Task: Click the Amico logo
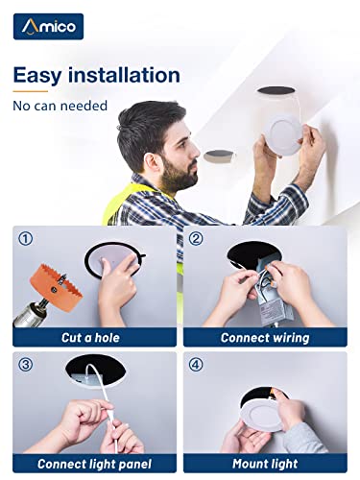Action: coord(48,27)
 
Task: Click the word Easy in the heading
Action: coord(37,76)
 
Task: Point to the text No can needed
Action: coord(60,106)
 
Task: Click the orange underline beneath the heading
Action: coord(31,91)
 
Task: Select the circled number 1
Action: coord(26,239)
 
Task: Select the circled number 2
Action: coord(196,239)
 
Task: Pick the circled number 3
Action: coord(26,365)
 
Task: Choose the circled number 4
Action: coord(196,365)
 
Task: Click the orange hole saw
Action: coord(56,286)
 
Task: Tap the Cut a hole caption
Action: coord(90,338)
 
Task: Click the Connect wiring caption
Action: coord(265,338)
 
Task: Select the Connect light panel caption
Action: coord(94,464)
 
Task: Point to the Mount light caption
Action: coord(265,464)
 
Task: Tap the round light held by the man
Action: coord(283,134)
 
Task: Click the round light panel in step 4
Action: coord(262,416)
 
